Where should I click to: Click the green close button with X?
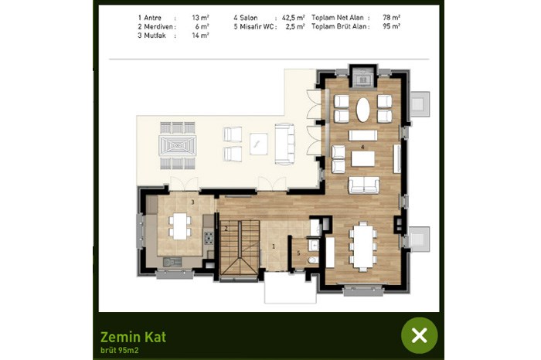(x=419, y=335)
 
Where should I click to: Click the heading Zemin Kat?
(x=133, y=337)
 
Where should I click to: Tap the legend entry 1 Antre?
(x=149, y=18)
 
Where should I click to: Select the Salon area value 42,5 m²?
(x=293, y=18)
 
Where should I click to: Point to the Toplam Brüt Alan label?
(x=340, y=26)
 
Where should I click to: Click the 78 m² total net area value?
(x=391, y=17)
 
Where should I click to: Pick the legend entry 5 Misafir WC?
(x=254, y=26)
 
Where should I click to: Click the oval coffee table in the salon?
(x=363, y=110)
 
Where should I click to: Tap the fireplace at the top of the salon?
(x=363, y=76)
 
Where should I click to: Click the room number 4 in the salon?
(x=362, y=147)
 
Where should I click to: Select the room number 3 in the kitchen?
(x=193, y=202)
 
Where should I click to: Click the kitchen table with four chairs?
(x=180, y=226)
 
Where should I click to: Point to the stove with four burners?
(x=209, y=238)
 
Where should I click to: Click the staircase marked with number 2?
(x=240, y=247)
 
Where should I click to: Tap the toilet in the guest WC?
(x=314, y=260)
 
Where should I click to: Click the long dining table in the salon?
(x=362, y=246)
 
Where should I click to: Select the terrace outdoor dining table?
(x=177, y=145)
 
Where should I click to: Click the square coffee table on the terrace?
(x=259, y=144)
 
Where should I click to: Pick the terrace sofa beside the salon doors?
(x=284, y=144)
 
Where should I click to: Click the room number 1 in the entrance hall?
(x=274, y=246)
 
